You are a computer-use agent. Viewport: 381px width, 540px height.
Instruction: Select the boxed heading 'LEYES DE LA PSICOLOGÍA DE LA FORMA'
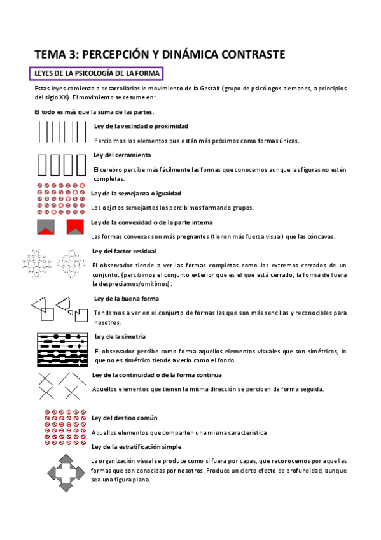click(x=96, y=74)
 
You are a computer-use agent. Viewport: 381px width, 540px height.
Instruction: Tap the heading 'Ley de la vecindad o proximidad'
click(x=141, y=126)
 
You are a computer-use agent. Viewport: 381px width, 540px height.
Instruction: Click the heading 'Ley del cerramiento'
click(x=121, y=155)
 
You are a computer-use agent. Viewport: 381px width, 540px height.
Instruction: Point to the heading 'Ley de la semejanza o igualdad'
click(x=137, y=193)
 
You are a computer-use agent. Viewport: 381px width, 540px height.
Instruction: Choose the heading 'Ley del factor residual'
click(x=124, y=251)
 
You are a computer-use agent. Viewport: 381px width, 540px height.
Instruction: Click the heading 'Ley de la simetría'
click(x=120, y=336)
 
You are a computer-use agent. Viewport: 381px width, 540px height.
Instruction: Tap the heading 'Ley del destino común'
click(x=125, y=418)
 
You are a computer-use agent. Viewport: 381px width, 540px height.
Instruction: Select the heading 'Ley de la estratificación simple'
click(x=137, y=446)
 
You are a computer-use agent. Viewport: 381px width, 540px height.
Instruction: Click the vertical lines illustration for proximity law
click(x=62, y=132)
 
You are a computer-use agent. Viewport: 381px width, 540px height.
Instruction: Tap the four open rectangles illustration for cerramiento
click(x=61, y=164)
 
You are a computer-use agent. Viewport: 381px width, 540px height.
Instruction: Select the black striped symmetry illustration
click(x=61, y=350)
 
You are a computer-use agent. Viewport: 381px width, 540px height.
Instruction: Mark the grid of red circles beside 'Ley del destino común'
click(x=62, y=429)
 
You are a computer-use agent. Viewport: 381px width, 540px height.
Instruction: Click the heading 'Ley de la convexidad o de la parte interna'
click(x=152, y=222)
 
